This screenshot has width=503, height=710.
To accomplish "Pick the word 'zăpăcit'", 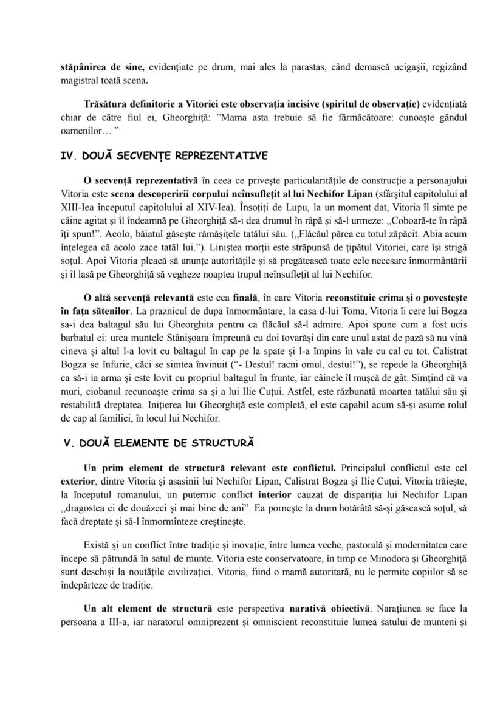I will pyautogui.click(x=405, y=234).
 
